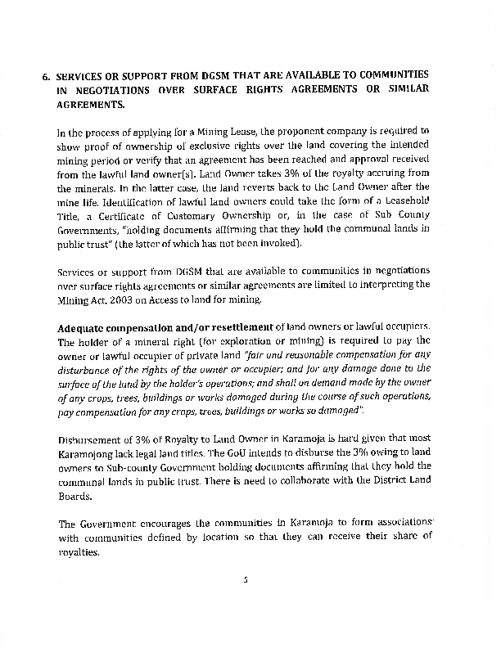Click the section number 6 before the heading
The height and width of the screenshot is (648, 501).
(x=46, y=75)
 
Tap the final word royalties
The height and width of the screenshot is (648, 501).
(x=78, y=551)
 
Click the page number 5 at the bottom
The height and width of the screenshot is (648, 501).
(x=245, y=579)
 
